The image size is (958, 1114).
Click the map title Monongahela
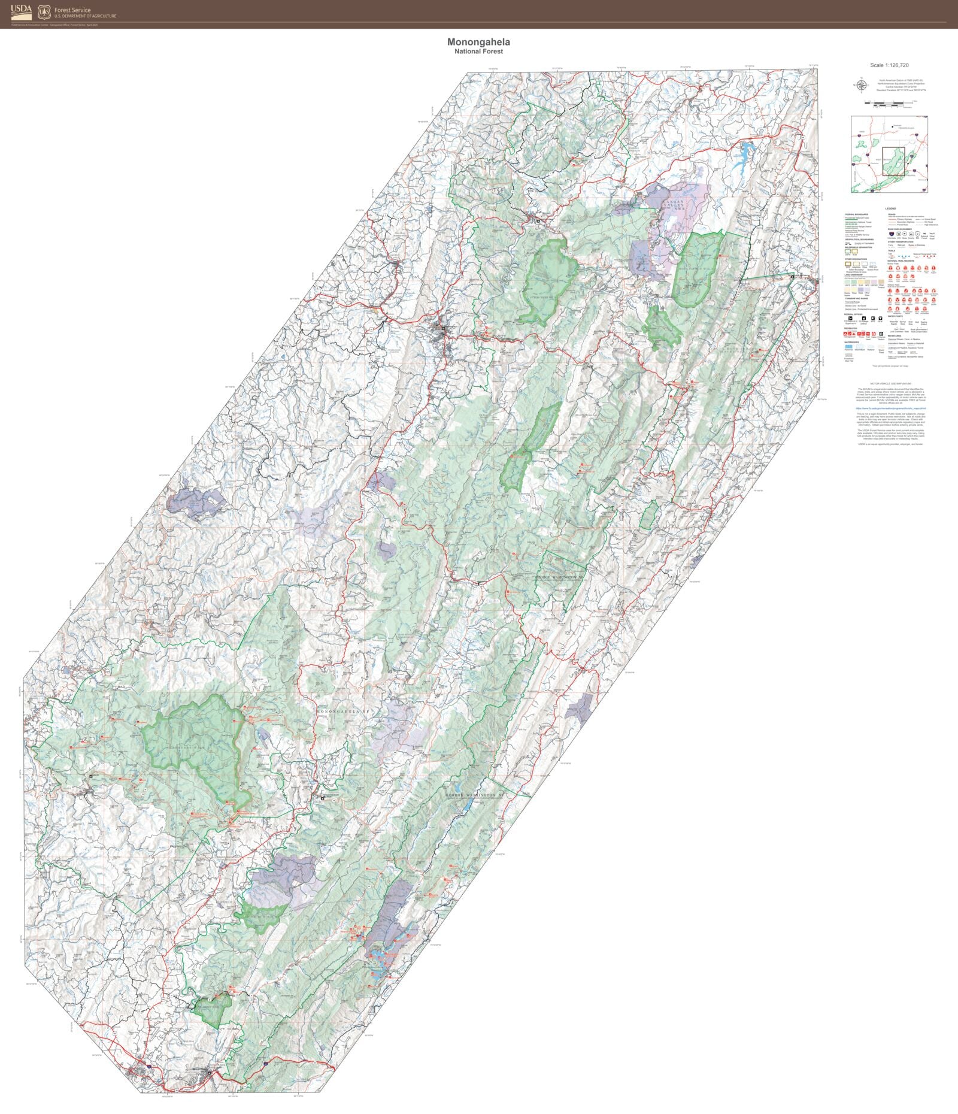point(478,42)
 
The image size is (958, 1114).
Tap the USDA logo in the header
point(21,11)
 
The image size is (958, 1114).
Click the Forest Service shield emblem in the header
point(44,11)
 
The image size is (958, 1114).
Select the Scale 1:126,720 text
point(889,65)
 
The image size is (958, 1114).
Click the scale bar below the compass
point(889,104)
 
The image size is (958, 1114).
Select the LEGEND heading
point(890,208)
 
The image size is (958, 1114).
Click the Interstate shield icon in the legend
point(892,234)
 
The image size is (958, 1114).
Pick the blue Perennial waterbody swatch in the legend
point(848,346)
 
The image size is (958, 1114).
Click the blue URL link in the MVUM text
point(890,408)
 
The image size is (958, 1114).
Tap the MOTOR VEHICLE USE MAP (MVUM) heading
point(890,383)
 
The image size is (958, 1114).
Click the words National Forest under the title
point(478,52)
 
